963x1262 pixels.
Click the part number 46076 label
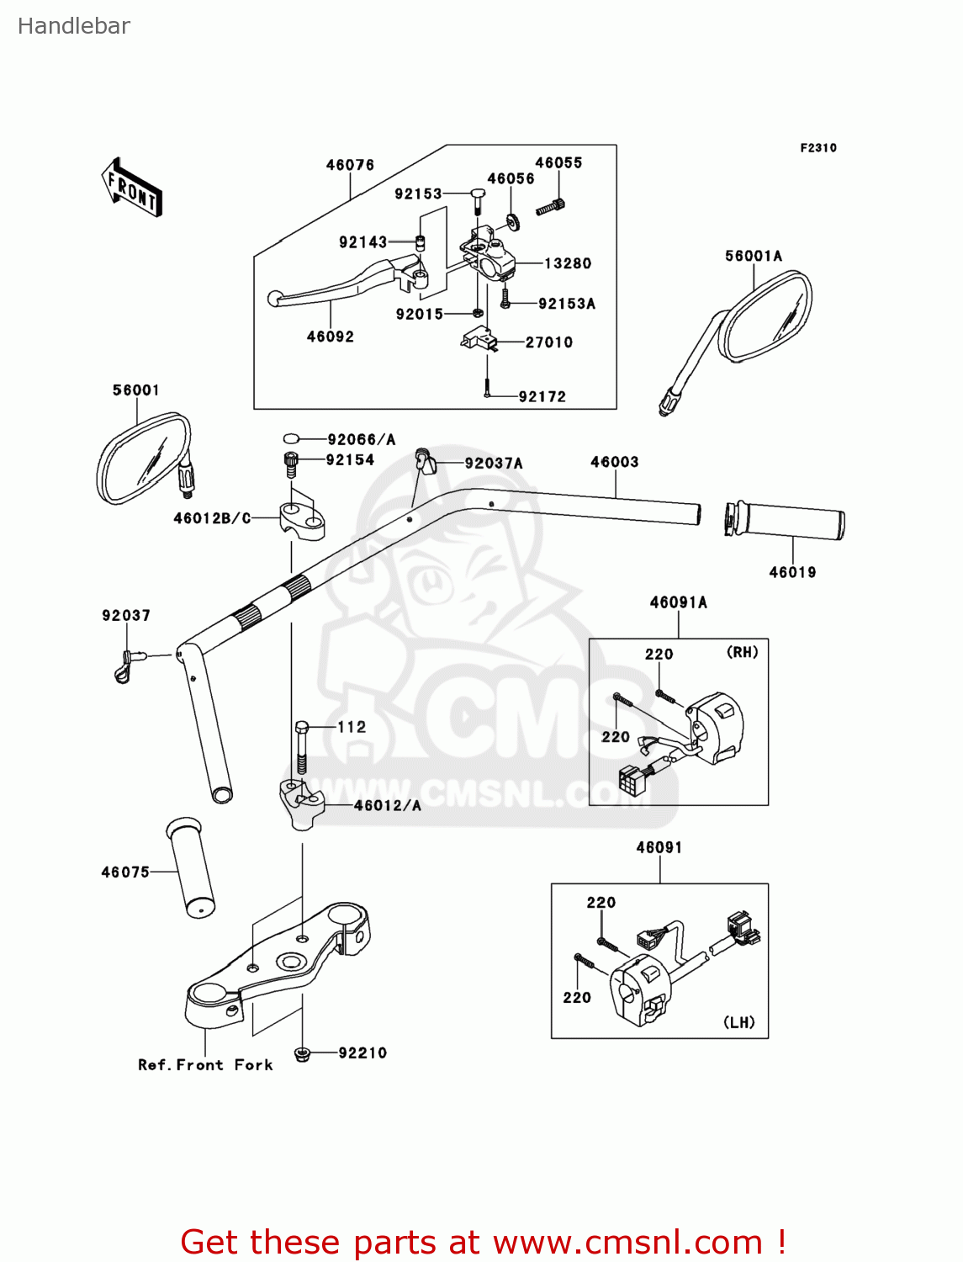click(350, 165)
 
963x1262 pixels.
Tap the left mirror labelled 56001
click(143, 459)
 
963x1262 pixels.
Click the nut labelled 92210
click(302, 1053)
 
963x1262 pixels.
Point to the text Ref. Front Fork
click(205, 1065)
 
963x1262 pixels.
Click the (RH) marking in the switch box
click(742, 652)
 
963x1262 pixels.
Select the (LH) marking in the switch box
click(739, 1022)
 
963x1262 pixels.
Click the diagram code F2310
click(817, 148)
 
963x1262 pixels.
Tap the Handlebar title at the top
click(74, 26)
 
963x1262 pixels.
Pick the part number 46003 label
click(614, 462)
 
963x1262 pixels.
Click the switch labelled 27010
click(478, 338)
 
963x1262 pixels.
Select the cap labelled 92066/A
click(292, 438)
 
